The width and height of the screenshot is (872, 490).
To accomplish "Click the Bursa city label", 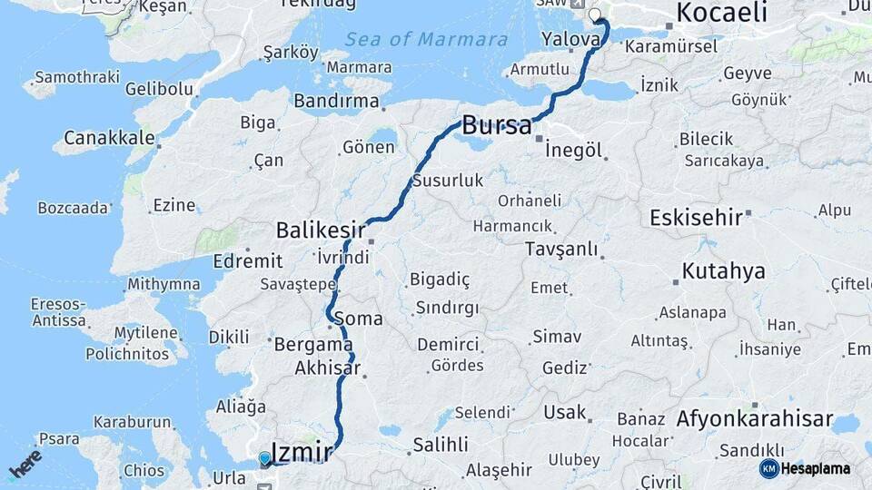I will click(497, 125).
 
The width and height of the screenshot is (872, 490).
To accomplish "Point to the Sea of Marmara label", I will click(426, 39).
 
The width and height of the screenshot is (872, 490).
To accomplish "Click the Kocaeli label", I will click(722, 13).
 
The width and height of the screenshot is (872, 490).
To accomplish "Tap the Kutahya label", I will click(724, 270).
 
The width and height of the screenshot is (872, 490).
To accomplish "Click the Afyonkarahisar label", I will click(754, 419).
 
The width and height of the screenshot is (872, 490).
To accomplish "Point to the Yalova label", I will click(570, 39).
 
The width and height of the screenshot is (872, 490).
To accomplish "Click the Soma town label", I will click(358, 319).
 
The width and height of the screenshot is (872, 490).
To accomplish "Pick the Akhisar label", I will click(327, 368).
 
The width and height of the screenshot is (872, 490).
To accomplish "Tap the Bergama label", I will click(313, 345).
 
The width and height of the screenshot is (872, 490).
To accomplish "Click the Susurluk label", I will click(447, 181).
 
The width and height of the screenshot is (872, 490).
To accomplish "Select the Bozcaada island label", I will click(73, 208).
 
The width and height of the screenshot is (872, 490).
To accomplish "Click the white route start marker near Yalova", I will click(596, 15).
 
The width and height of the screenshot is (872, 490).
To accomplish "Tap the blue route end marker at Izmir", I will click(264, 459).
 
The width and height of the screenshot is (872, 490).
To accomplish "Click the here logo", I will click(25, 464).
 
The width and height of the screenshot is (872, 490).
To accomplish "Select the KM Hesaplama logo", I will click(805, 468).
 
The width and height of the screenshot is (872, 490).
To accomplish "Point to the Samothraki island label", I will click(76, 77).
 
